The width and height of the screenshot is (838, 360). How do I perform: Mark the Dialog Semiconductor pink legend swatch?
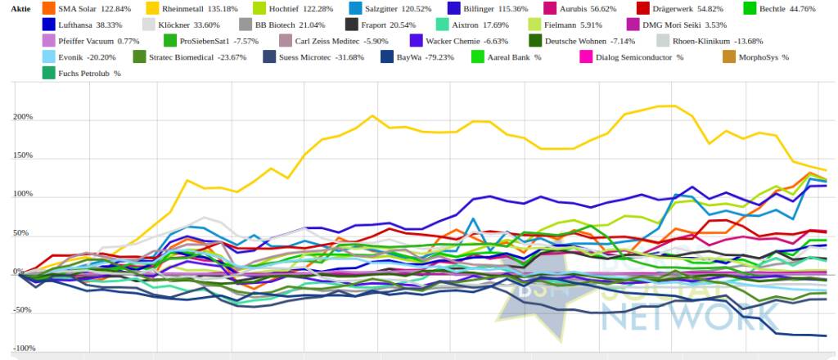pos(586,56)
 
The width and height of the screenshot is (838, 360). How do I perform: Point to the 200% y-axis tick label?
pos(21,117)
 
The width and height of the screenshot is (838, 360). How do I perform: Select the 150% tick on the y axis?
pos(21,155)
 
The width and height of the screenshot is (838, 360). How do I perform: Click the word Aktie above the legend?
pos(21,7)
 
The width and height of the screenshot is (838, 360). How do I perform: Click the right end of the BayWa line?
pos(825,335)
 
